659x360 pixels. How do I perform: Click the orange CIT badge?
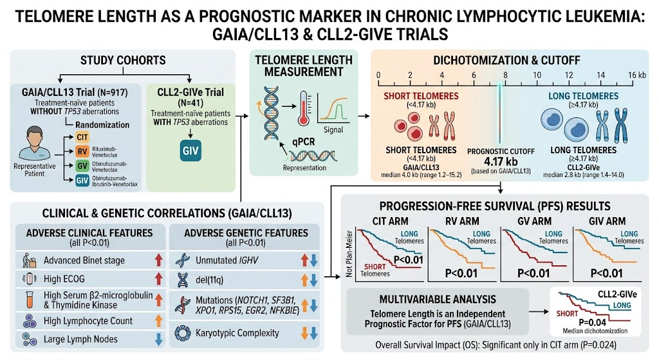(x=82, y=138)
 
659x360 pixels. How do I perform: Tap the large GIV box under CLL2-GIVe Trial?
(x=190, y=151)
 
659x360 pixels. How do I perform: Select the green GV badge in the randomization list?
(x=82, y=166)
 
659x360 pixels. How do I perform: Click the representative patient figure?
(x=35, y=143)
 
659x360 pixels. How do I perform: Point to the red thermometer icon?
(x=304, y=108)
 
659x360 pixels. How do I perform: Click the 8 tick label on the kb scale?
(x=505, y=75)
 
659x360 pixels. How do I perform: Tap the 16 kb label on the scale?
(x=637, y=75)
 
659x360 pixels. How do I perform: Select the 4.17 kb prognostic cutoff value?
(x=501, y=162)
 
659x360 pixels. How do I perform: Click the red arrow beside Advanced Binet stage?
(x=158, y=260)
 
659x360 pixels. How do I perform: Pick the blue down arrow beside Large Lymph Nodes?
(x=158, y=339)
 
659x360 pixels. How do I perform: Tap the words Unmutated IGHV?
(x=227, y=260)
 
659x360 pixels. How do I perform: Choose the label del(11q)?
(x=209, y=279)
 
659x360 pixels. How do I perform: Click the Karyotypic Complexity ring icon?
(x=183, y=333)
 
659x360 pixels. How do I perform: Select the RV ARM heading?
(x=462, y=221)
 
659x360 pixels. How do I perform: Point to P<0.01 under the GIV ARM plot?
(x=606, y=273)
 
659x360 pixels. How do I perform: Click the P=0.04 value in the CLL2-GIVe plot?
(x=592, y=323)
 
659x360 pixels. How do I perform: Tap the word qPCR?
(x=304, y=142)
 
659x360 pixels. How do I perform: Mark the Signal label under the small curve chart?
(x=333, y=130)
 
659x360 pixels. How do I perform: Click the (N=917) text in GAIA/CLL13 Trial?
(x=112, y=92)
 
